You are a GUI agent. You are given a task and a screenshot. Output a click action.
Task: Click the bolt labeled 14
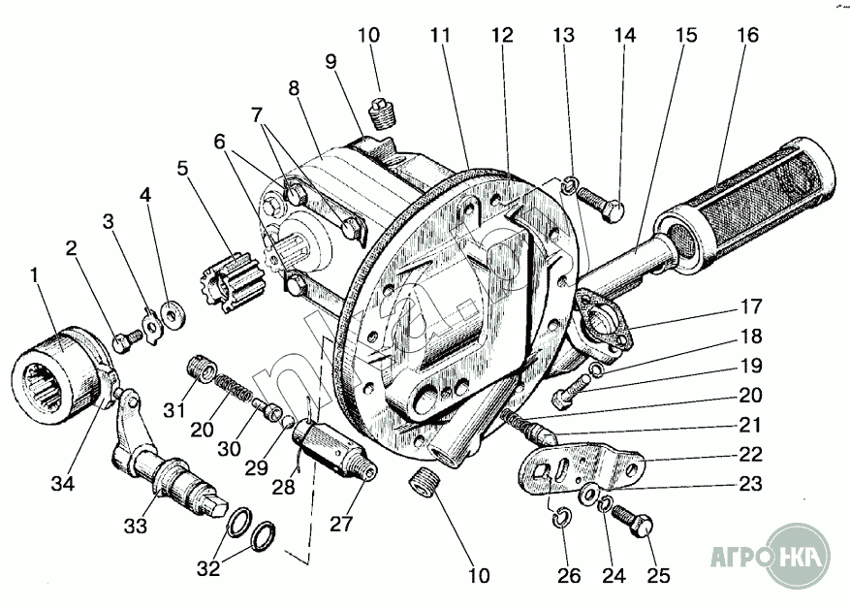coord(602,205)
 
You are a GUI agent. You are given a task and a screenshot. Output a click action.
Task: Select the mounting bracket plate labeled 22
coord(582,468)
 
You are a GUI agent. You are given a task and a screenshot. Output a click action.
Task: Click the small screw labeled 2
coord(124,339)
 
